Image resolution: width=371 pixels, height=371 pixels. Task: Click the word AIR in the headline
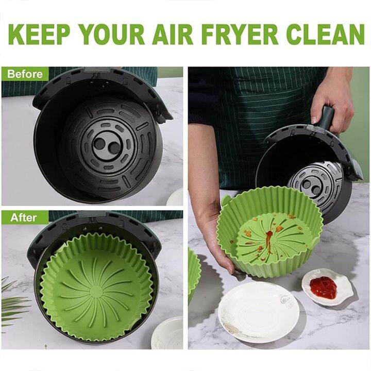tap(169, 34)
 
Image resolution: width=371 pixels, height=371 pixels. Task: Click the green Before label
tap(25, 74)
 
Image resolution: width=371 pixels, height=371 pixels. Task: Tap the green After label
tap(23, 217)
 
